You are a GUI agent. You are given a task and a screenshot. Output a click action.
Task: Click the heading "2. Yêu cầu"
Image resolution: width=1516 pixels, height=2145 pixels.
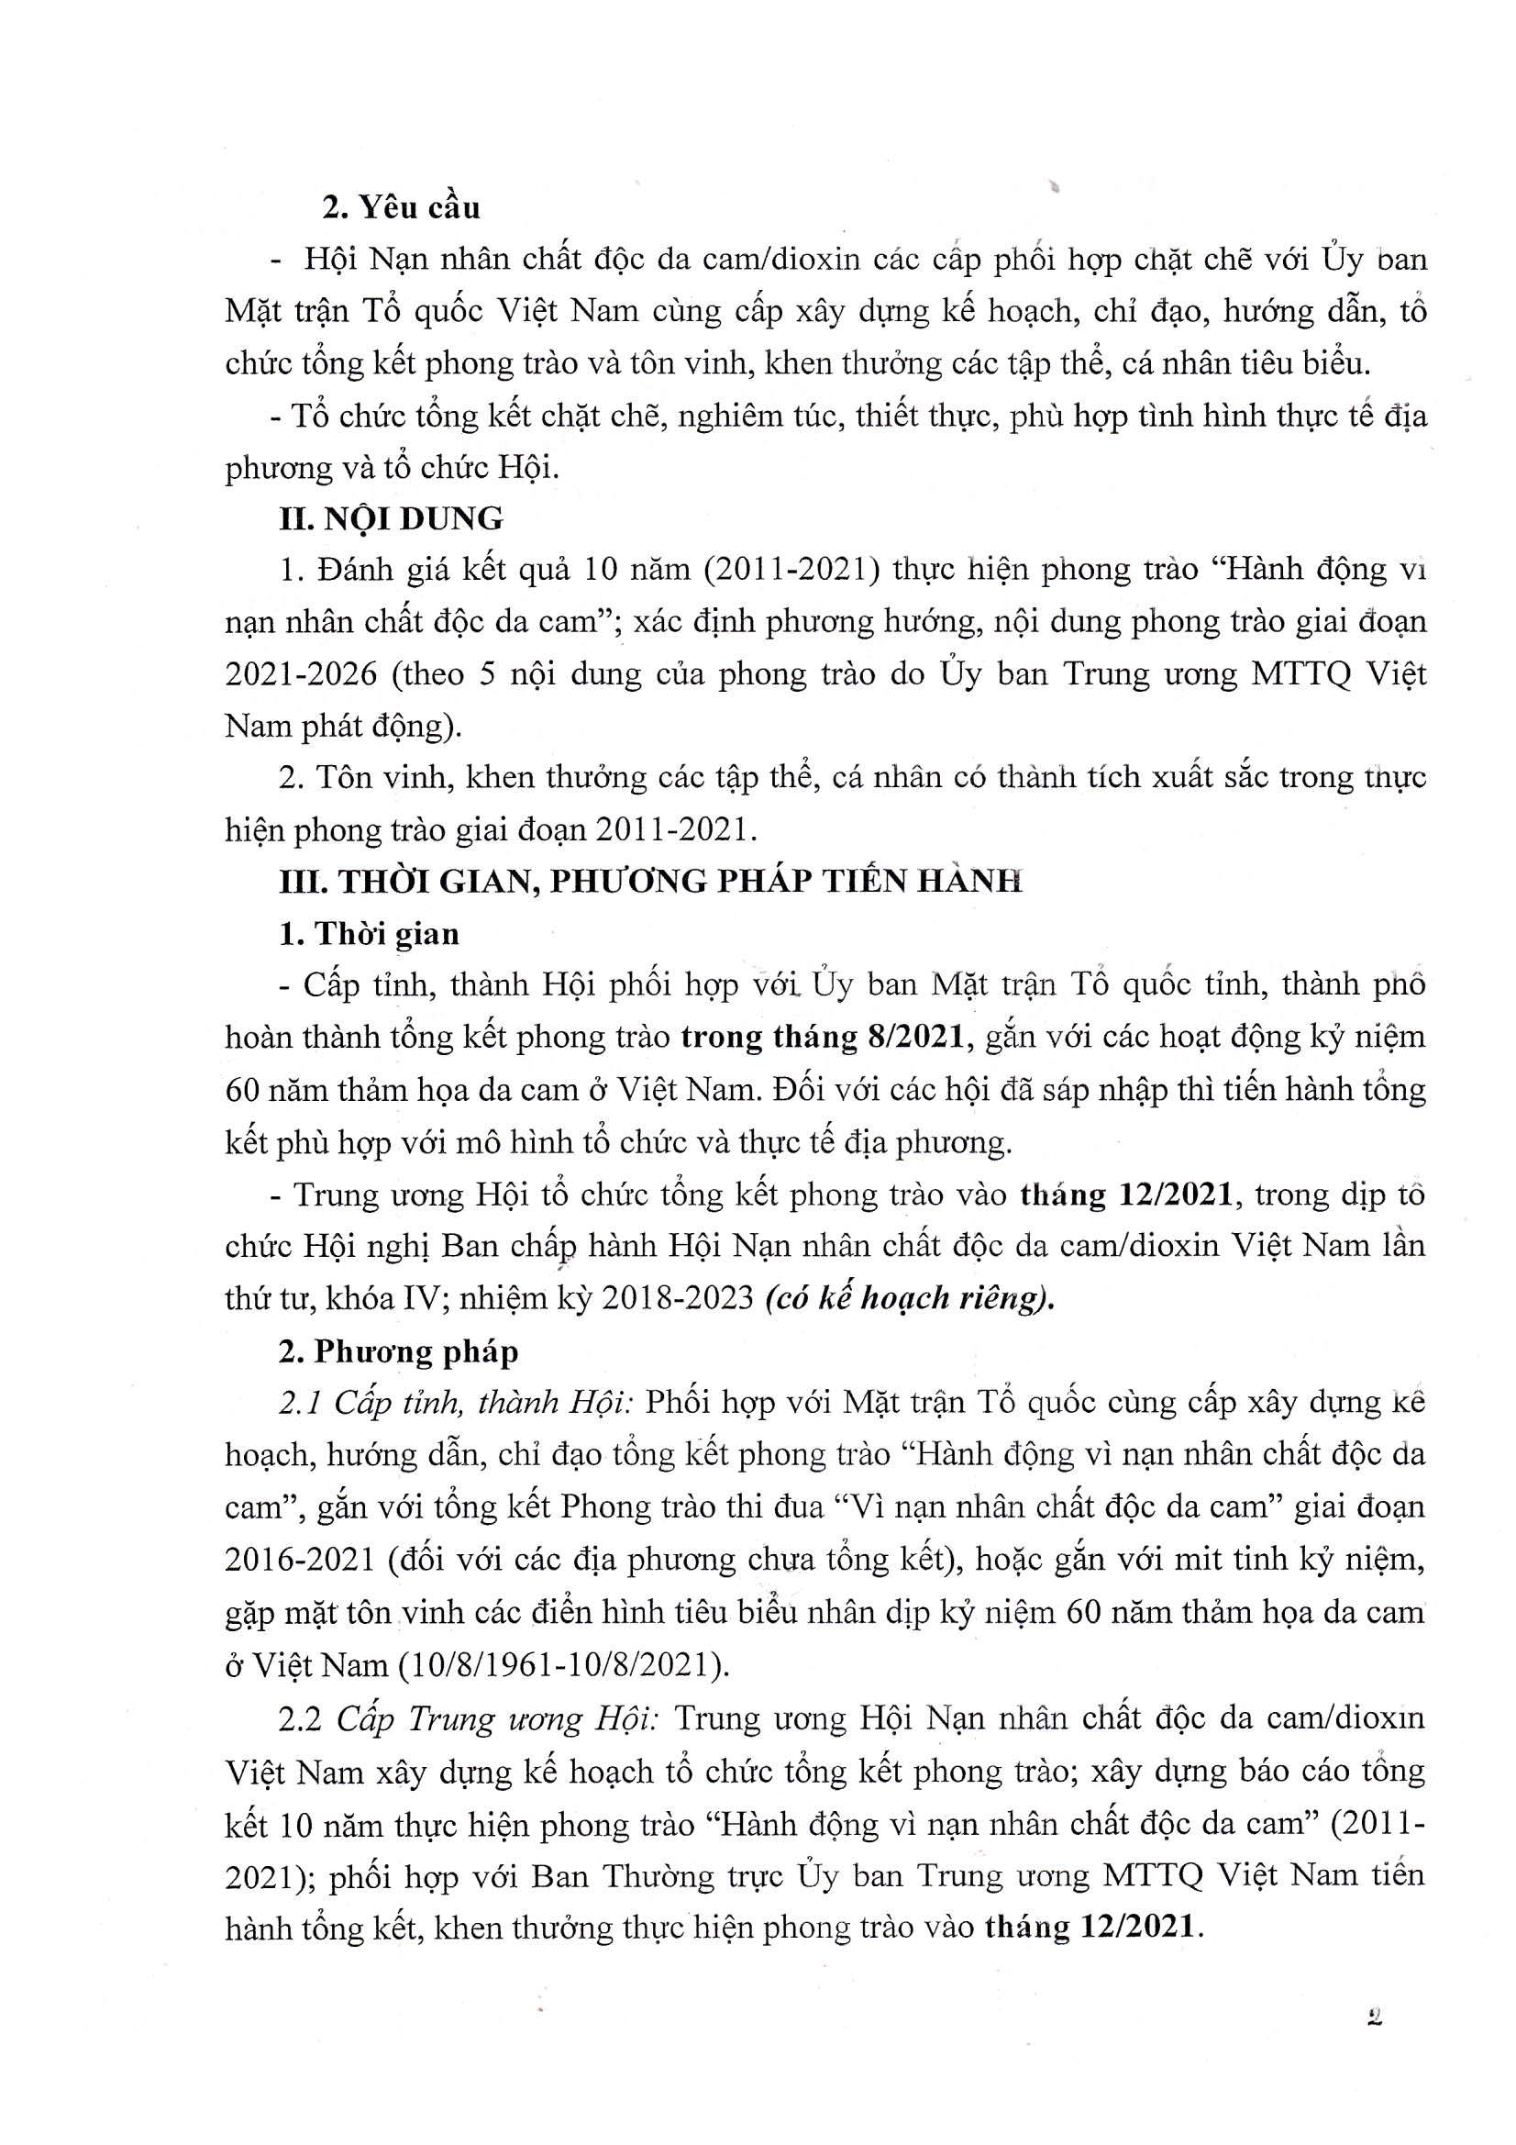click(401, 206)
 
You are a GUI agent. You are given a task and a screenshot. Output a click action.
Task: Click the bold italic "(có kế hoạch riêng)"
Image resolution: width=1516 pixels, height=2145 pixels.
click(909, 1299)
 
